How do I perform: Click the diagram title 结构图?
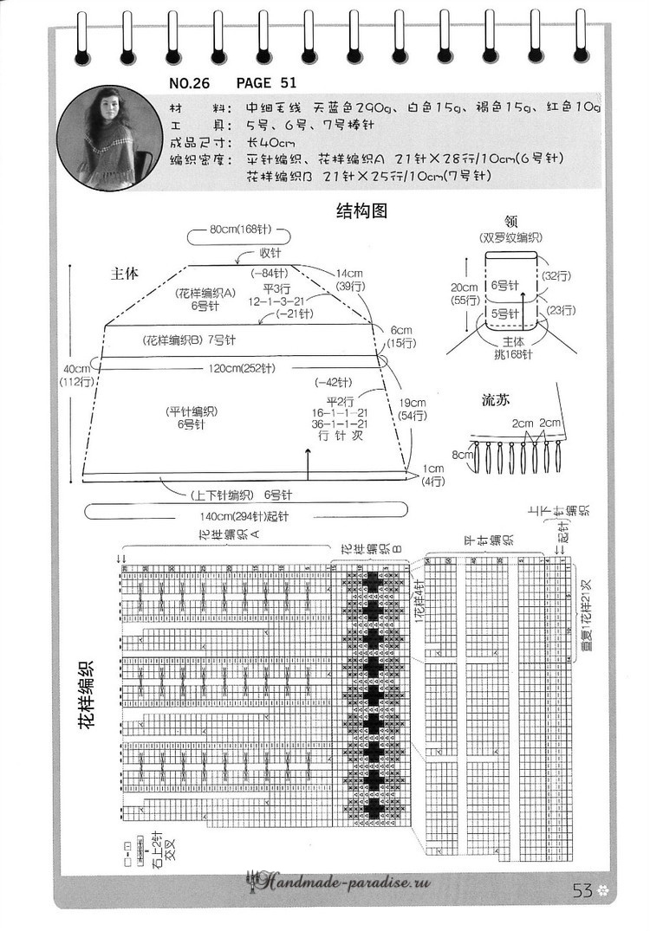(359, 210)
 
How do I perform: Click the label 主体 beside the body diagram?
(125, 274)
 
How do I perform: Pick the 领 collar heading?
(510, 221)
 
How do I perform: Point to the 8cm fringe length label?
(463, 453)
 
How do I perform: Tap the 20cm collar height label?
(464, 288)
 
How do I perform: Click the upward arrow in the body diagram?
(309, 461)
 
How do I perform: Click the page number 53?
(582, 890)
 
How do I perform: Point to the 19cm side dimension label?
(413, 403)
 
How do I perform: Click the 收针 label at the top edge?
(270, 253)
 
